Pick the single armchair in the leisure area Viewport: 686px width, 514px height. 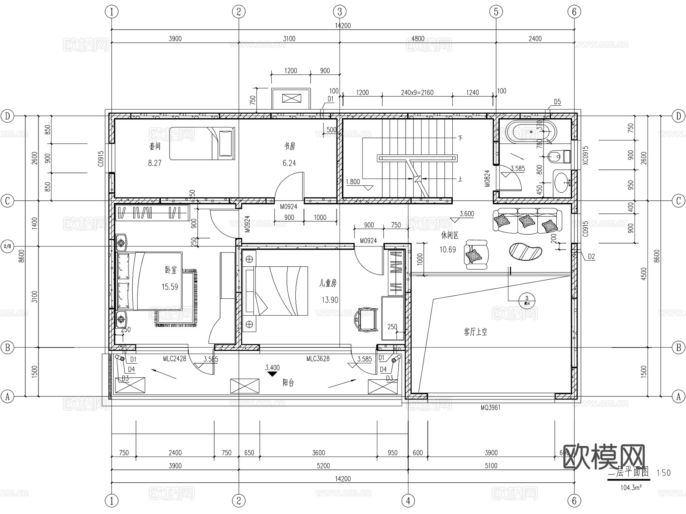point(476,254)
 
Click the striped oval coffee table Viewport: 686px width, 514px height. point(526,251)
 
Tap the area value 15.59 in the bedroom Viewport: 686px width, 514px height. point(170,287)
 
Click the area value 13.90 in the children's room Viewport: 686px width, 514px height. point(330,300)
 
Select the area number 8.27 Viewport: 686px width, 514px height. point(155,163)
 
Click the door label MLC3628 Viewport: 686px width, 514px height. point(318,359)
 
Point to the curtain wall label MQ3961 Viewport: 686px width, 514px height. point(490,408)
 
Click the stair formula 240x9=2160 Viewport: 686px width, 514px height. point(417,92)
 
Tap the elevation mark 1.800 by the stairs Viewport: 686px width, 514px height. point(353,182)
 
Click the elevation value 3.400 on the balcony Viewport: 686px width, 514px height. point(272,368)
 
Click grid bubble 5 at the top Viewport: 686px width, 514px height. point(496,12)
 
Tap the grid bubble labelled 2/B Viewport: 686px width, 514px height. point(7,247)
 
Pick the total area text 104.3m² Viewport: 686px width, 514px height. point(631,488)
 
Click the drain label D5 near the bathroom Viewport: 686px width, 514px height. point(557,102)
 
